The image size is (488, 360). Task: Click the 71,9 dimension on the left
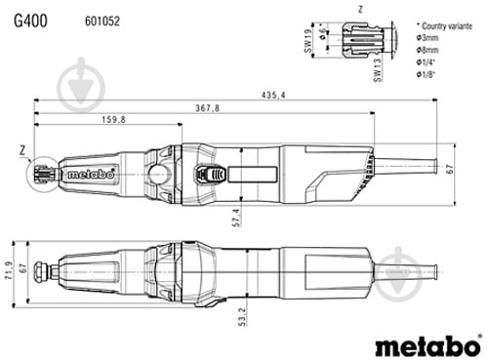(x=7, y=267)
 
